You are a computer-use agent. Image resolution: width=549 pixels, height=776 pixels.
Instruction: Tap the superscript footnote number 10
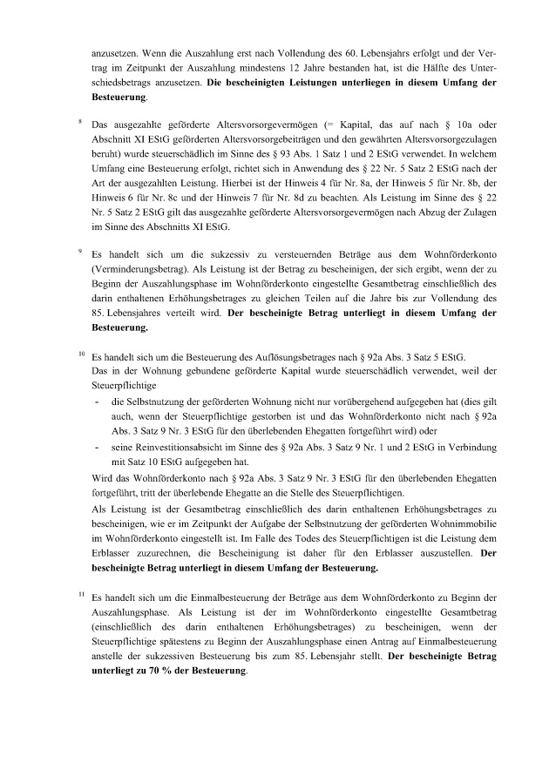[x=81, y=354]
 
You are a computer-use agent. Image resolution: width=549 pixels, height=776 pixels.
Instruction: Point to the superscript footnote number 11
[x=81, y=593]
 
